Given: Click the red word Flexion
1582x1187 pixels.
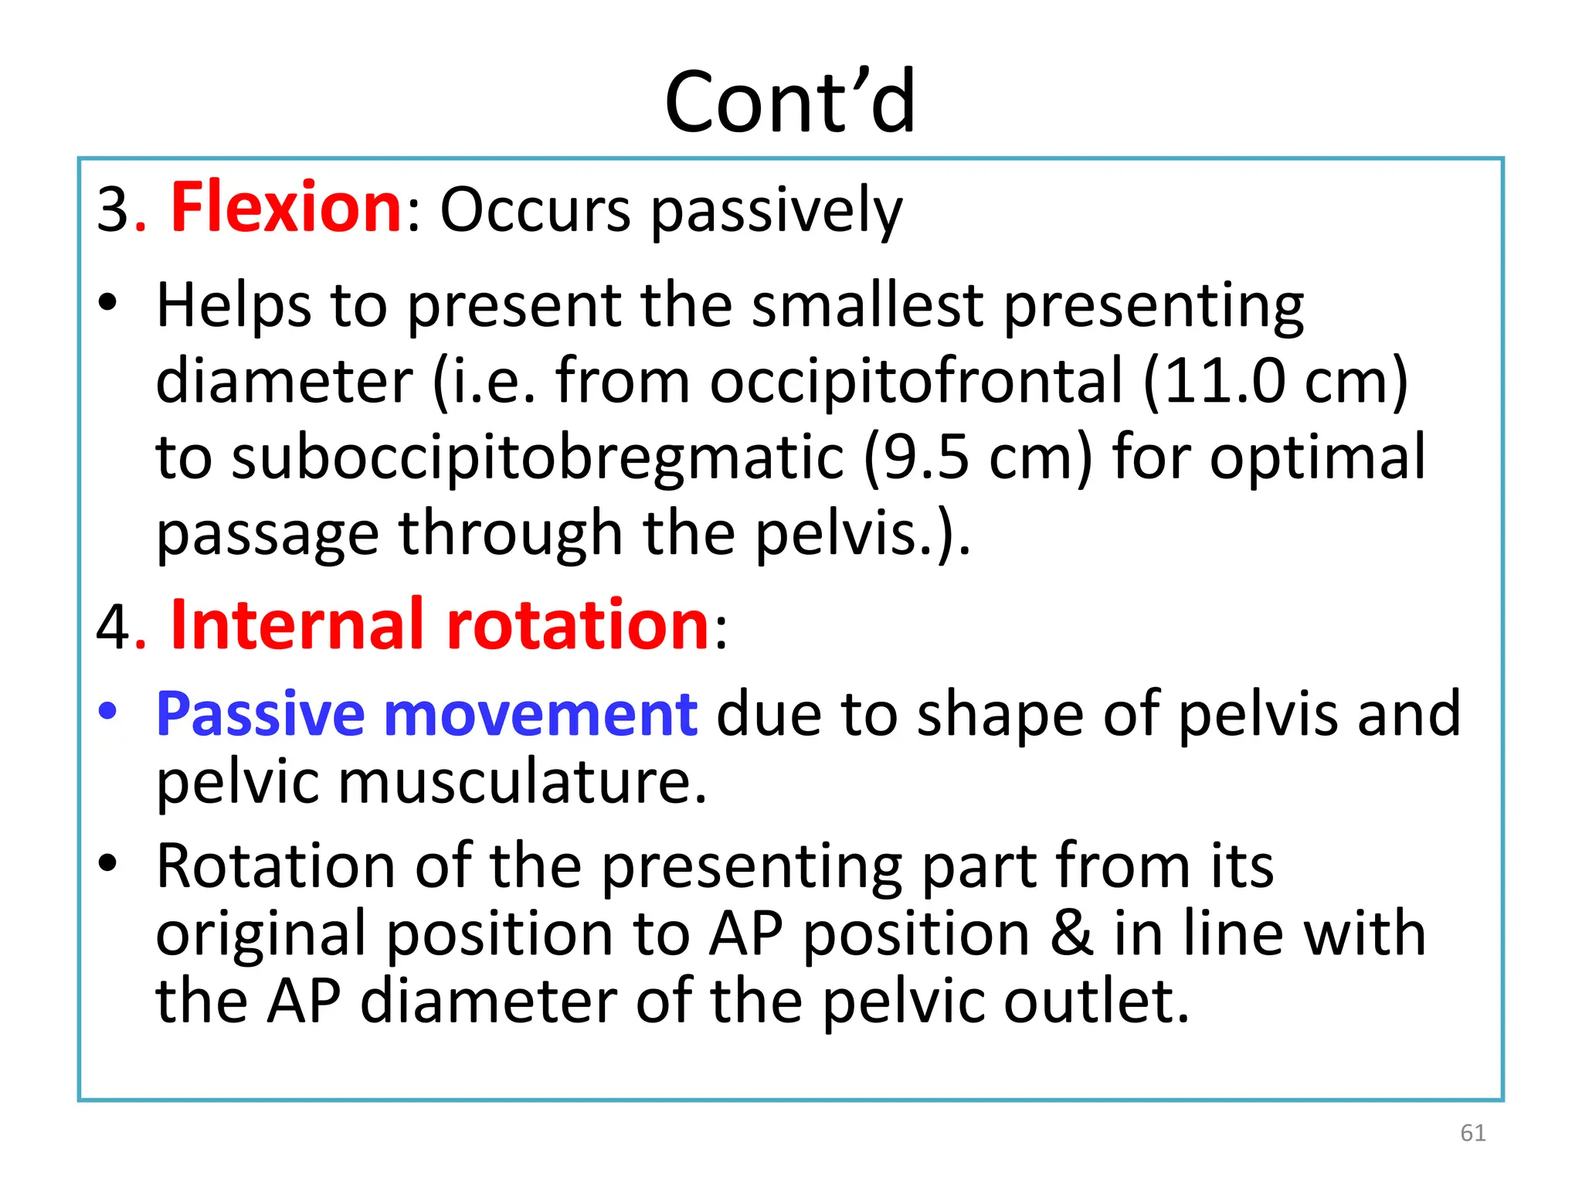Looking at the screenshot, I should tap(285, 207).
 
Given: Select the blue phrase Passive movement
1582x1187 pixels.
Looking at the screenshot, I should tap(426, 714).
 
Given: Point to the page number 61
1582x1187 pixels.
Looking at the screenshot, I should tap(1472, 1133).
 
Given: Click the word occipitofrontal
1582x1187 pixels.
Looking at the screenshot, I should tap(915, 381).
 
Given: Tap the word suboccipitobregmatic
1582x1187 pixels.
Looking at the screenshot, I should tap(538, 457).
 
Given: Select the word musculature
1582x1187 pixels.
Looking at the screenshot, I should tap(522, 782).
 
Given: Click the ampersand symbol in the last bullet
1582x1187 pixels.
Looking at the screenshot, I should tap(1071, 934).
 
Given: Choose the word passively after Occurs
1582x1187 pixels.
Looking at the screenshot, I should tap(776, 210).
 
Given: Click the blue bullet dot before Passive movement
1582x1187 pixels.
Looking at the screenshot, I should tap(108, 711).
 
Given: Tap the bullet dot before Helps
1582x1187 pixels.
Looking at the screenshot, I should tap(108, 303).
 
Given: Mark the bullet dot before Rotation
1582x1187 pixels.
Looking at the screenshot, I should tap(108, 862).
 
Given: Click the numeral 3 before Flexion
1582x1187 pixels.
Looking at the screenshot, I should tap(113, 210).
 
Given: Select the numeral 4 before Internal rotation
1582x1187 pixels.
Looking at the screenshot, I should tap(113, 626).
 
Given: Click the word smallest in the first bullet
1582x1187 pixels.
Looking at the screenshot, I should tap(867, 305).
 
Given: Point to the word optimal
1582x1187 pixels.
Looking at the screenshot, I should tap(1317, 457).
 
